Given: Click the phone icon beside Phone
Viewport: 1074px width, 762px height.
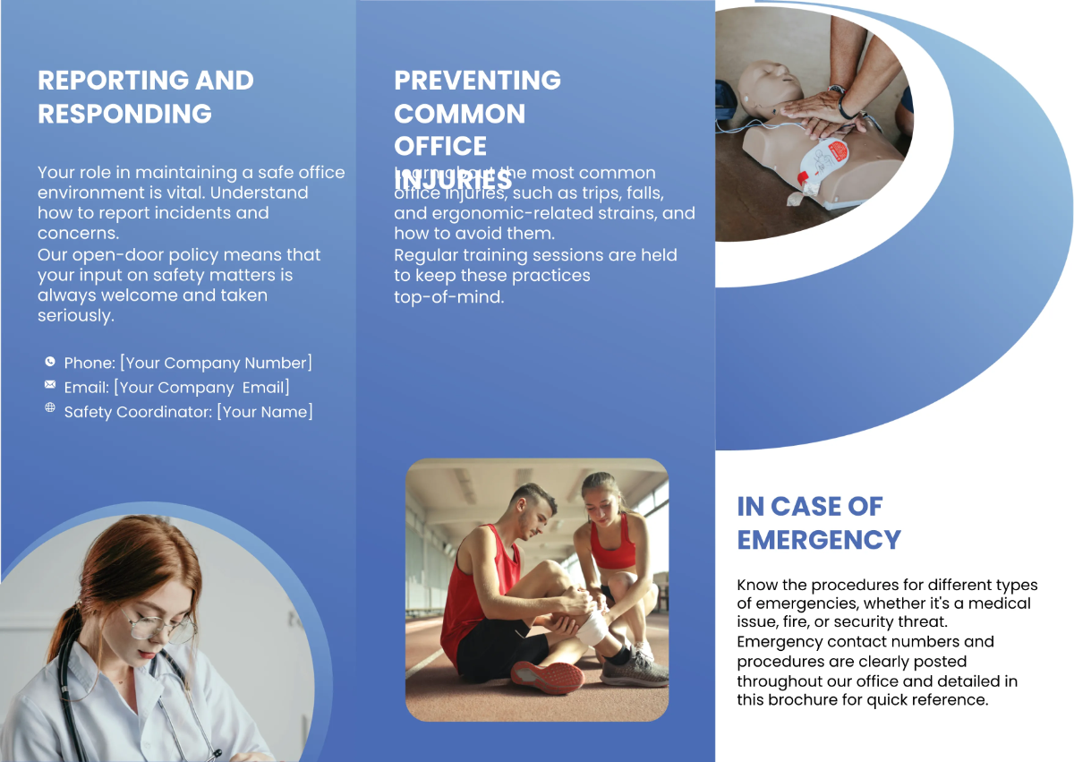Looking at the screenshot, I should [x=49, y=362].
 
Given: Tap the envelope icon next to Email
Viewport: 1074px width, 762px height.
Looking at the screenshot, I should [x=49, y=385].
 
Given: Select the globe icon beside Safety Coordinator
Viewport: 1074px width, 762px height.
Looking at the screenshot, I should [x=49, y=407].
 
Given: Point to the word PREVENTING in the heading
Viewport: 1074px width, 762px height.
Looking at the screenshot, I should [x=477, y=81].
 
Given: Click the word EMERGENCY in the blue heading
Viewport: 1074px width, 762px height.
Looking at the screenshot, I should [x=818, y=540].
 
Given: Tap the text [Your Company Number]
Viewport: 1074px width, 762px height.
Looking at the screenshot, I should [x=216, y=364].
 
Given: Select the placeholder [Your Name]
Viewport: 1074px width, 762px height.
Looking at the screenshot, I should [x=265, y=412].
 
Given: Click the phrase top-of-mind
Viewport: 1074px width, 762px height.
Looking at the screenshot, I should [x=448, y=296].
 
